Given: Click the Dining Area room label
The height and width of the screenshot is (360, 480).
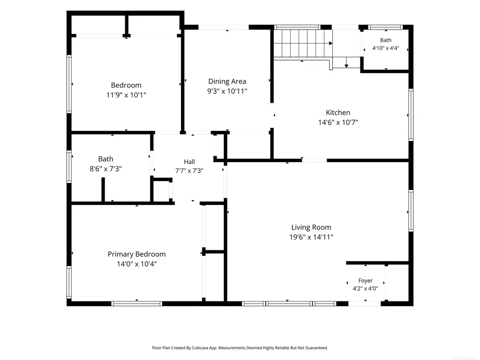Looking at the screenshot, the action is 227,82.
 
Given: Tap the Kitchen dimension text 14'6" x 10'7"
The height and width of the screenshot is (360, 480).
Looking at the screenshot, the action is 338,122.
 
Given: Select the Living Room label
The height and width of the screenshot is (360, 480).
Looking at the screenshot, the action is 311,227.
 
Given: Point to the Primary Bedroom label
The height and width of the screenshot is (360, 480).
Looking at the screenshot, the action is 136,255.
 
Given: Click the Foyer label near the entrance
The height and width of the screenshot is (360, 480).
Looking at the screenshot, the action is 366,281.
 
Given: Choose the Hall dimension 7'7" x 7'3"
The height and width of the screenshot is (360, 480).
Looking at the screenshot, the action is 189,171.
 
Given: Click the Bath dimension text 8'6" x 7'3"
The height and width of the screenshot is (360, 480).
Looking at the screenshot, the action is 105,169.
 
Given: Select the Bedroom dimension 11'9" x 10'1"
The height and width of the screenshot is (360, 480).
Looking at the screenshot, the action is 126,95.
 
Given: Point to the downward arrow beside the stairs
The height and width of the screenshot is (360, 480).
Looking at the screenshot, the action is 346,62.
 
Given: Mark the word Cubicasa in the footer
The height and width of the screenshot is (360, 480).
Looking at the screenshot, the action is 199,348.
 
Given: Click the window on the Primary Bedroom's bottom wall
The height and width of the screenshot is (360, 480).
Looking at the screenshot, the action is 136,304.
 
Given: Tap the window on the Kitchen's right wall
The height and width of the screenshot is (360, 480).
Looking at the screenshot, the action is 411,115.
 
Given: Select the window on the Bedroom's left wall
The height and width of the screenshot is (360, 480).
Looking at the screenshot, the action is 69,84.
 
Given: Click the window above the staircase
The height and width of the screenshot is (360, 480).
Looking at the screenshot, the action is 297,27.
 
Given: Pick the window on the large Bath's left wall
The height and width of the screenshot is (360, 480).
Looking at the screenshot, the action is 69,167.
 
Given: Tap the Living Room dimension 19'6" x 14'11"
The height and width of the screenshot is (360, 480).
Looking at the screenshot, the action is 311,237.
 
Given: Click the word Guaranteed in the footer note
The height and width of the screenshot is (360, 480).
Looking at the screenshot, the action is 317,348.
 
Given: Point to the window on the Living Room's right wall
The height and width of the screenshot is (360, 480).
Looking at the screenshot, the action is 411,210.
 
